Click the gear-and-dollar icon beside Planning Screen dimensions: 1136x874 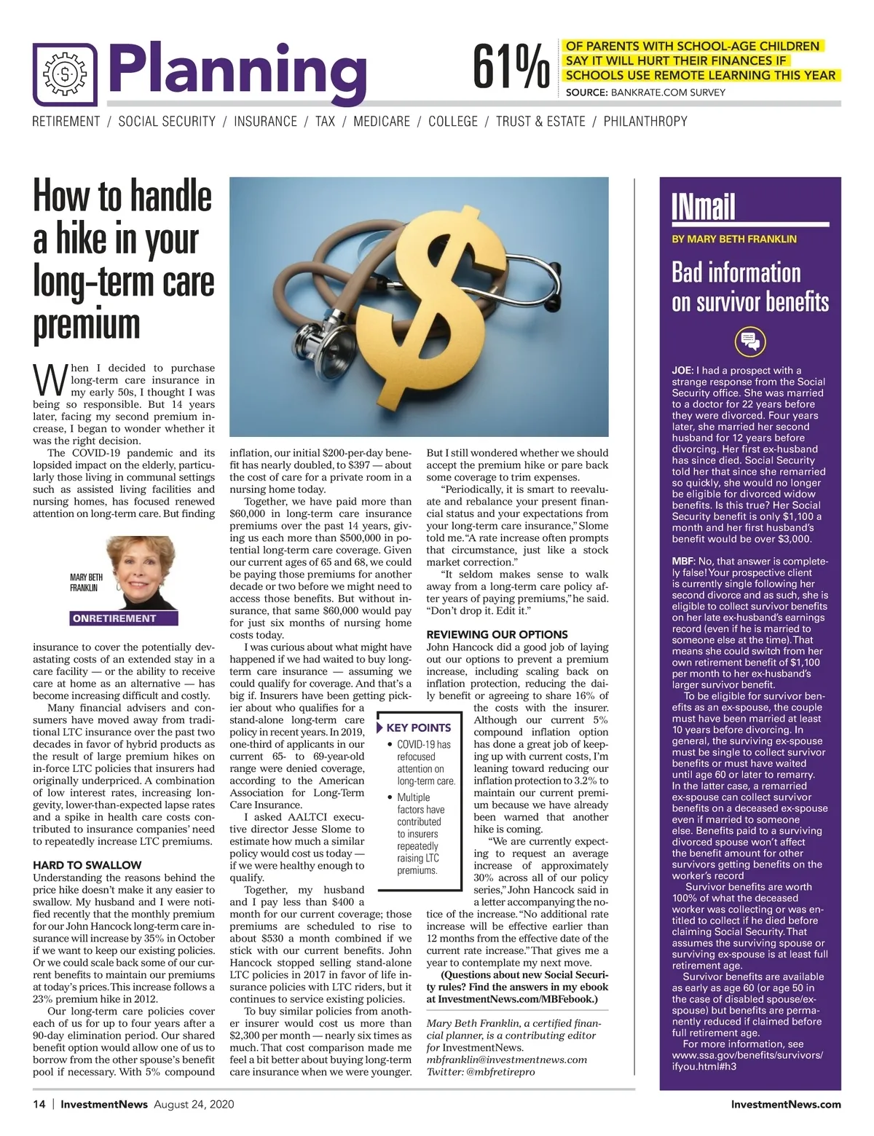click(65, 74)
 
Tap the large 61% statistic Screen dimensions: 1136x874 click(510, 68)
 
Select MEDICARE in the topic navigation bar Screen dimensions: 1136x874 click(382, 122)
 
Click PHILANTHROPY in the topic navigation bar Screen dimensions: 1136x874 click(645, 122)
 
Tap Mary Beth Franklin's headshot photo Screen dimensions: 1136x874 click(140, 573)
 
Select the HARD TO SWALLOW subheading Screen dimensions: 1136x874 click(87, 865)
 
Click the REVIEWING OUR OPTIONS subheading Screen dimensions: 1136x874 click(497, 634)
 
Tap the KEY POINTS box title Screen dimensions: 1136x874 click(418, 727)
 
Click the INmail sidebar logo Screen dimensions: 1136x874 click(703, 207)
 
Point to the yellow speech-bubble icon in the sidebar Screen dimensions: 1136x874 click(749, 341)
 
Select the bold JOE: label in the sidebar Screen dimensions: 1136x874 click(682, 371)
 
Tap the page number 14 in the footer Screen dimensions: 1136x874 click(39, 1104)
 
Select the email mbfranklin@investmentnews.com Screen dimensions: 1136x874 click(506, 1060)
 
